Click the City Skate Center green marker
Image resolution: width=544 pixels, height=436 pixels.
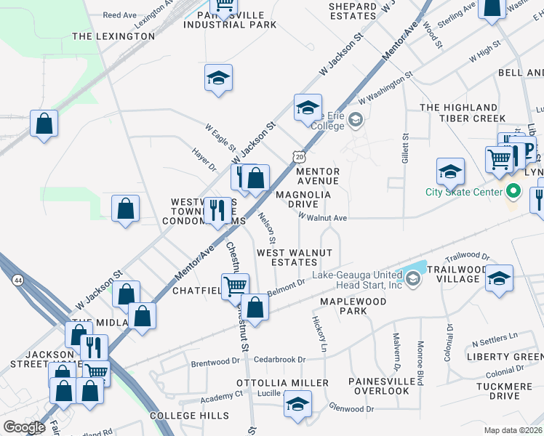pyautogui.click(x=514, y=192)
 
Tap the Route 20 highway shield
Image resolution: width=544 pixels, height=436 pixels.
pyautogui.click(x=300, y=156)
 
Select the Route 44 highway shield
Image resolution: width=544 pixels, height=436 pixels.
pyautogui.click(x=17, y=279)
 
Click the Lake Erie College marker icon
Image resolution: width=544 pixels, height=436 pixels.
pyautogui.click(x=355, y=119)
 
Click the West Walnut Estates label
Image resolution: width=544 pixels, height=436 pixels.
pyautogui.click(x=294, y=257)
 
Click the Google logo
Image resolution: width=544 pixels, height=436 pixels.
pyautogui.click(x=23, y=427)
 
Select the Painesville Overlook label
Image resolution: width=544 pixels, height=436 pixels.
pyautogui.click(x=378, y=386)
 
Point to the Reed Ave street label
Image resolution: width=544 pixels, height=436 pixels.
pyautogui.click(x=120, y=15)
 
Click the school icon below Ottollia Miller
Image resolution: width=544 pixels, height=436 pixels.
pyautogui.click(x=297, y=404)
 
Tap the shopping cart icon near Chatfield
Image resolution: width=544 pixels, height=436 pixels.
pyautogui.click(x=235, y=286)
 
